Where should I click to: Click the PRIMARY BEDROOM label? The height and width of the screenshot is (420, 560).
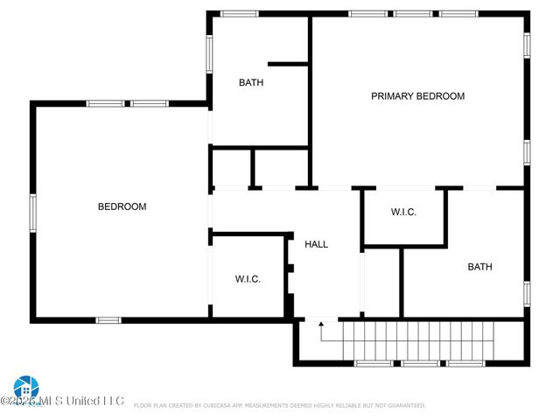coord(417,96)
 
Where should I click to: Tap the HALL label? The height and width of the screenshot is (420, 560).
coord(316,244)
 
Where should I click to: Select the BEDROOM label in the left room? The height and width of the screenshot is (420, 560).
coord(122,206)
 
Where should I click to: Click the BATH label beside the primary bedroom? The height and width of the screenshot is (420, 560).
coord(251,83)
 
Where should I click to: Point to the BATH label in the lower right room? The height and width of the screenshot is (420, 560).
coord(479,267)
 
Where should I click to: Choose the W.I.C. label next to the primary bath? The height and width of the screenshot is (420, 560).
coord(403,213)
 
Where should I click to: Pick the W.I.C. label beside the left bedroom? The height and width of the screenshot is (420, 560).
coord(248,279)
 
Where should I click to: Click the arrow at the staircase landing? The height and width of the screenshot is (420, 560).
coord(320,331)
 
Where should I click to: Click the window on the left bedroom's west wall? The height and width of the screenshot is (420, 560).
coord(32,211)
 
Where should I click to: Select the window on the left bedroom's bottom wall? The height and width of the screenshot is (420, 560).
coord(108,320)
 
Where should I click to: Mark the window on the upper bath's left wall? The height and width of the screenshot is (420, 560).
coord(208,52)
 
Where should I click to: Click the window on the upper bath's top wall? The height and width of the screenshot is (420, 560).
coord(238,14)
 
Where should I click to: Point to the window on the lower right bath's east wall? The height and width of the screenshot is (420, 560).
coord(527,293)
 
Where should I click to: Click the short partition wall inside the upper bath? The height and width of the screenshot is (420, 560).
coord(288,63)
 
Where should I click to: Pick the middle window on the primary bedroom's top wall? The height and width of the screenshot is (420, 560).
coord(412,14)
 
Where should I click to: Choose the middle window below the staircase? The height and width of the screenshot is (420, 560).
coord(420,362)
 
